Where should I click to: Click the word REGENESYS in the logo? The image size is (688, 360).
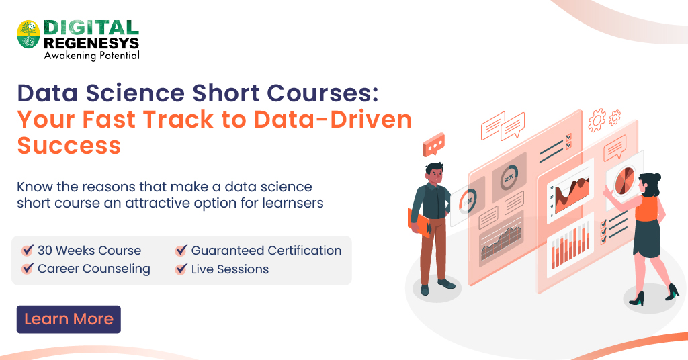pyautogui.click(x=91, y=43)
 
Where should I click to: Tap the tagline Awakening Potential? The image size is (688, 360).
pyautogui.click(x=91, y=56)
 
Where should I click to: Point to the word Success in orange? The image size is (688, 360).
pyautogui.click(x=69, y=145)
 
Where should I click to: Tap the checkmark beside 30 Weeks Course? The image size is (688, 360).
pyautogui.click(x=28, y=251)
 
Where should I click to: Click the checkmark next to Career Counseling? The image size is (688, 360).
pyautogui.click(x=28, y=269)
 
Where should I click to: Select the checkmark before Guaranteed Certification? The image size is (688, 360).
pyautogui.click(x=181, y=251)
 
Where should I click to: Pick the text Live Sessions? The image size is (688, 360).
pyautogui.click(x=230, y=269)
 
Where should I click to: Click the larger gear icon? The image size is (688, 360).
pyautogui.click(x=597, y=121)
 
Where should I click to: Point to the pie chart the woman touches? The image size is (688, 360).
pyautogui.click(x=623, y=179)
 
